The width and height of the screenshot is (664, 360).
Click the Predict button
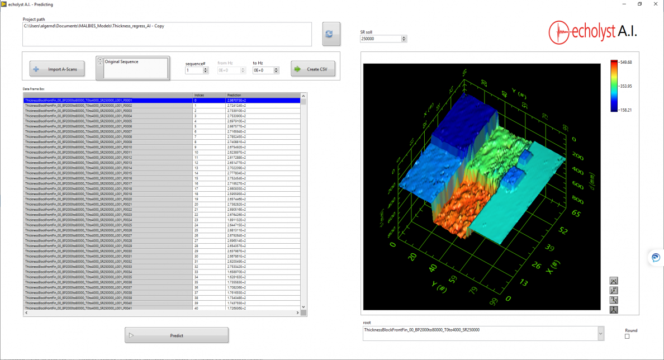(x=177, y=335)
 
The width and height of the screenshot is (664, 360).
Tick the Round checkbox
(x=627, y=336)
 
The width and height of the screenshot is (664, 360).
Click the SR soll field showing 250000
(x=380, y=39)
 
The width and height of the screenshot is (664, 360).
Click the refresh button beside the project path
(x=331, y=34)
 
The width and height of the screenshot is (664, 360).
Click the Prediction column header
(x=263, y=95)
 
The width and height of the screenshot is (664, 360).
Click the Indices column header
(x=208, y=95)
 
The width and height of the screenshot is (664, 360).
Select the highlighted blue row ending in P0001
(x=107, y=100)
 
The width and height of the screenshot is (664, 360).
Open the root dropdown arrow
(x=600, y=333)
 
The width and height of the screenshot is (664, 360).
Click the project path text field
(x=167, y=34)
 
